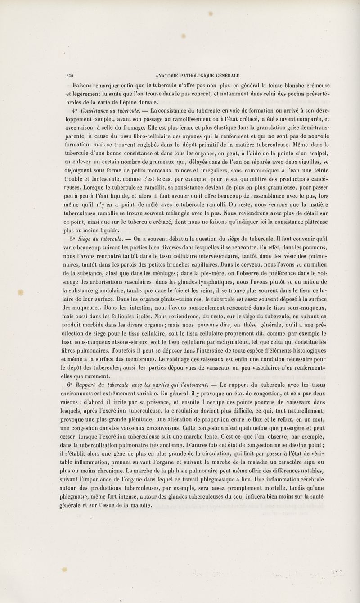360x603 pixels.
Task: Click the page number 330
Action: [x=70, y=75]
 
